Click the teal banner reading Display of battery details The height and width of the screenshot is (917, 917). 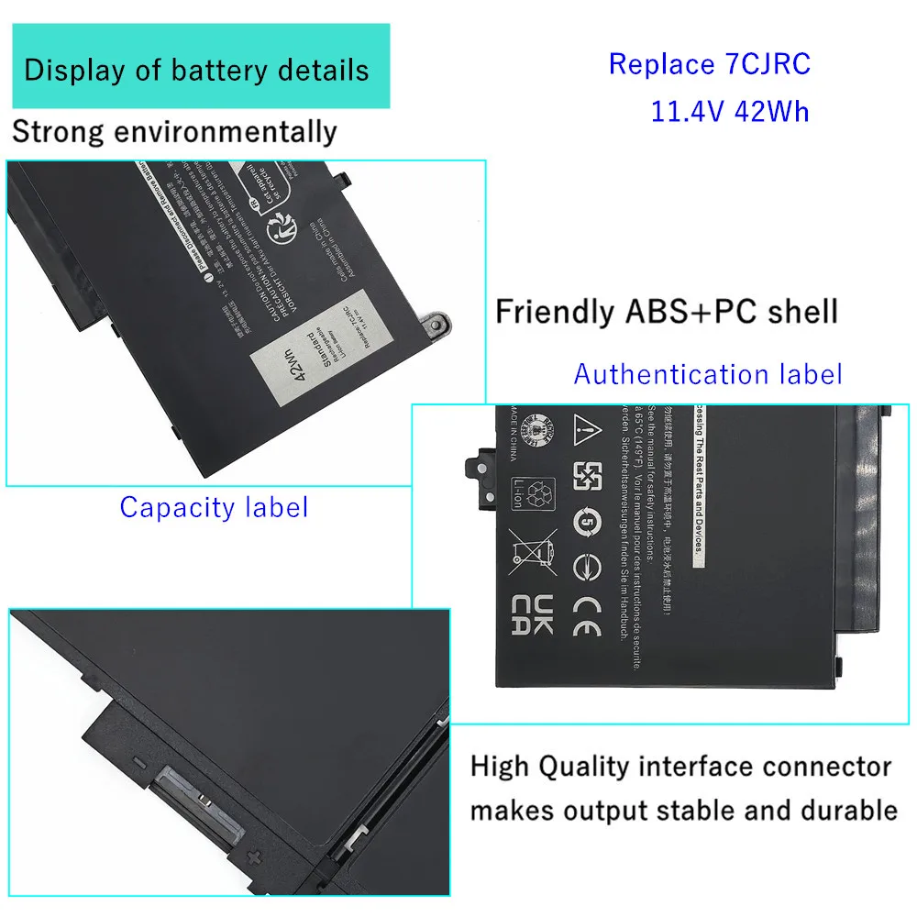point(196,69)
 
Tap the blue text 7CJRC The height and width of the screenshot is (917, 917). point(768,64)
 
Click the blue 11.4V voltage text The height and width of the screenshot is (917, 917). point(688,111)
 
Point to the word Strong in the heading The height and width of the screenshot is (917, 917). point(57,131)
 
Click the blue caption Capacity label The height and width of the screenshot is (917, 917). point(214,507)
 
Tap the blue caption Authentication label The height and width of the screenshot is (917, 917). point(707,374)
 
